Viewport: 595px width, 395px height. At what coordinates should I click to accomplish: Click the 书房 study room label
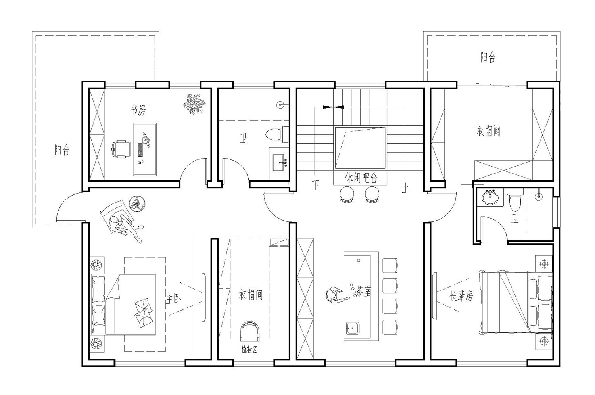(138, 110)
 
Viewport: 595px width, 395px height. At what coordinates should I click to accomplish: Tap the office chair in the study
(121, 150)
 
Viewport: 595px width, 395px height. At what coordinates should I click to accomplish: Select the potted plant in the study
(194, 104)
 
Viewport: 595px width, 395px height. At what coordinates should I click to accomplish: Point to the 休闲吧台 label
(361, 178)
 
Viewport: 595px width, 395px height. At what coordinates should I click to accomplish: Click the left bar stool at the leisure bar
(347, 194)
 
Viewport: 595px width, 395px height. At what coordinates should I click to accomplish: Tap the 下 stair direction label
(315, 185)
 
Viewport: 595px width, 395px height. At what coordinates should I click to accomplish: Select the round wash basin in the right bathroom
(490, 197)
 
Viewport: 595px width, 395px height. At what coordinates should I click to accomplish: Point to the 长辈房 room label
(461, 296)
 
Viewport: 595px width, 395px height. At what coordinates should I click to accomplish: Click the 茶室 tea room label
(363, 291)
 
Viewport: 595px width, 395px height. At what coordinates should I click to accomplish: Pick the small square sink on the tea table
(353, 329)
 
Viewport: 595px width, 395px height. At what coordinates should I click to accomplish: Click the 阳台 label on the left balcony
(62, 150)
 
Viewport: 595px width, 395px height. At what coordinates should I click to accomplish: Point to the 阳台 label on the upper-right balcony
(488, 58)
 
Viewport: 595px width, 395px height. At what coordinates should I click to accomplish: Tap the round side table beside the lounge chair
(137, 204)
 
